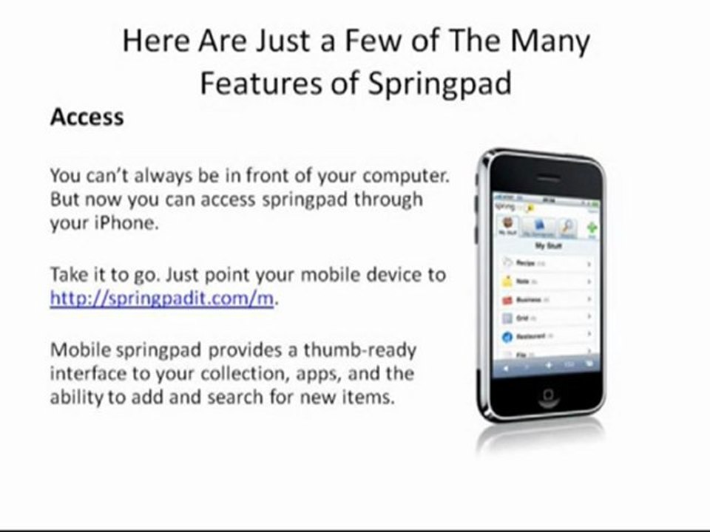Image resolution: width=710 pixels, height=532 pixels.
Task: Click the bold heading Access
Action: [87, 117]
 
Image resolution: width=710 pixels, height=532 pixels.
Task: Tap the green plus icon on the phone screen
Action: [592, 228]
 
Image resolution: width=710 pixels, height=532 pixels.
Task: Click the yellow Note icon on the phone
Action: [507, 282]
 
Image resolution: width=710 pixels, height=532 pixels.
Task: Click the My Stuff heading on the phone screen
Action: [548, 246]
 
